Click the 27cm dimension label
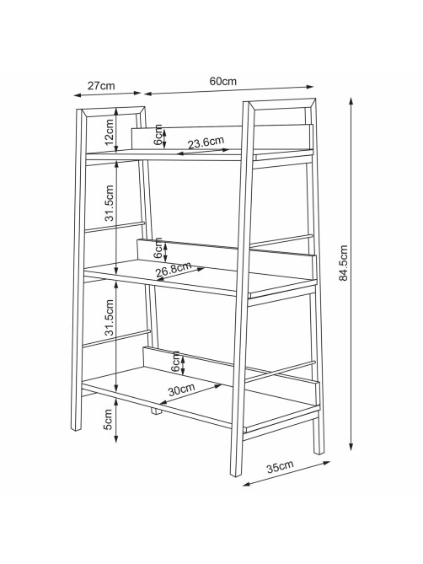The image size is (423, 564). click(x=101, y=86)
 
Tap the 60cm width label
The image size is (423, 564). click(x=222, y=81)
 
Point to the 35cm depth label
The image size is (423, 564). click(x=280, y=466)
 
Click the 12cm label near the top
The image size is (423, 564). click(x=110, y=131)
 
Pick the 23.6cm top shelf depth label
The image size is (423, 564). click(x=206, y=142)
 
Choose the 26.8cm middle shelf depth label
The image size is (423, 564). click(x=174, y=270)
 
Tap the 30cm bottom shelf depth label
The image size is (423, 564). click(x=181, y=389)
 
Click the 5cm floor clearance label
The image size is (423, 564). click(x=108, y=419)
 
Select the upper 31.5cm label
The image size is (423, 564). click(x=110, y=203)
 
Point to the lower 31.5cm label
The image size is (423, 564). click(x=110, y=318)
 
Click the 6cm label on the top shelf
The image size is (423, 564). click(x=158, y=135)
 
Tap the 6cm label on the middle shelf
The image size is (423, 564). click(x=158, y=248)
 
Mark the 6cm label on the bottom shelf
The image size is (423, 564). click(x=175, y=362)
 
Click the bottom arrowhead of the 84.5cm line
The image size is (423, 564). click(x=351, y=446)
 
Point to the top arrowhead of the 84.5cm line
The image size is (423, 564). click(x=351, y=101)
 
